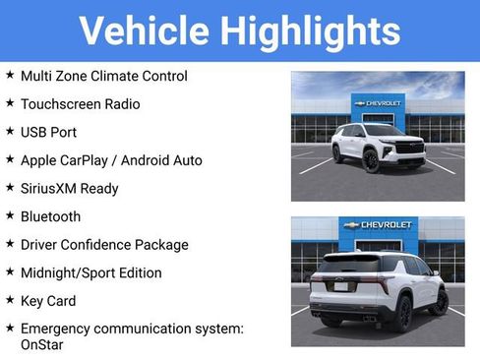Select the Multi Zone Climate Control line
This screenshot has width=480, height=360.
coord(103,76)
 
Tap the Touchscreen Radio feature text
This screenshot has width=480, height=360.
coord(80,103)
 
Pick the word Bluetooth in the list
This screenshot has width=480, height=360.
coord(50,216)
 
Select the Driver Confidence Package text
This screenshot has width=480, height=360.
coord(103,244)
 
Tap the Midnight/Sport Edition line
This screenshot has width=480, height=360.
coord(90,272)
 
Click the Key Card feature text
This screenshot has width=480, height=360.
coord(48,301)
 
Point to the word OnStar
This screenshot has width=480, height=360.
coord(41,344)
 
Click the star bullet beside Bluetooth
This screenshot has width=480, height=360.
coord(10,215)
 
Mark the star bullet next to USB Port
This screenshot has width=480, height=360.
coord(10,131)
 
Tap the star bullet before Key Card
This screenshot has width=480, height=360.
coord(10,300)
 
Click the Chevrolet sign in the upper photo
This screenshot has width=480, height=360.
coord(378,102)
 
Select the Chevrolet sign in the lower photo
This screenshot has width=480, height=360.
coord(378,224)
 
